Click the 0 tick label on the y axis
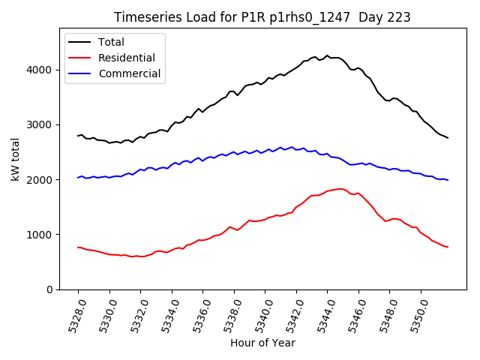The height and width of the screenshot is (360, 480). tap(51, 289)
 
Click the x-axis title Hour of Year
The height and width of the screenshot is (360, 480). tap(262, 343)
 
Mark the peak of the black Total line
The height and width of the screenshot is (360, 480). tap(327, 55)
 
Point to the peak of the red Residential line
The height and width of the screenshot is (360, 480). tap(340, 189)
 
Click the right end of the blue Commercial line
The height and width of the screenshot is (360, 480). tap(448, 180)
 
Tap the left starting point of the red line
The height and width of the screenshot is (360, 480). tap(78, 247)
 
